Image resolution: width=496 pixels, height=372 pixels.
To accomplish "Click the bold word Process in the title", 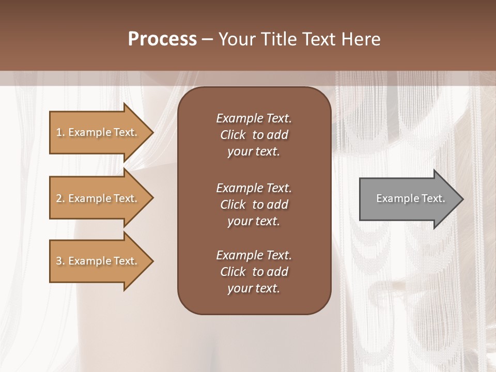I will pyautogui.click(x=162, y=39).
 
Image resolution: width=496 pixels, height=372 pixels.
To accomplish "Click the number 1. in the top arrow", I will pyautogui.click(x=60, y=132).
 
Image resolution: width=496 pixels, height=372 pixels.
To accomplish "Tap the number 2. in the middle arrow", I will pyautogui.click(x=60, y=198).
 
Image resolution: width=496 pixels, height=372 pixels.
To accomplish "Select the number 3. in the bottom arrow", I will pyautogui.click(x=60, y=261).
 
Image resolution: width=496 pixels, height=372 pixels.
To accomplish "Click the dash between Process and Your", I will pyautogui.click(x=207, y=39).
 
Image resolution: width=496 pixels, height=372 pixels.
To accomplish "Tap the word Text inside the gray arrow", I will pyautogui.click(x=433, y=198).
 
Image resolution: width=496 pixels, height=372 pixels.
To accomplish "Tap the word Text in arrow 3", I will pyautogui.click(x=125, y=261).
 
